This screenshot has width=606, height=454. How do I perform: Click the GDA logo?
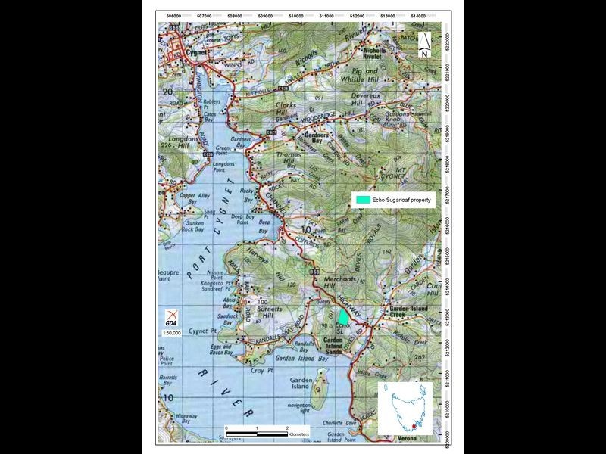[172, 319]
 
